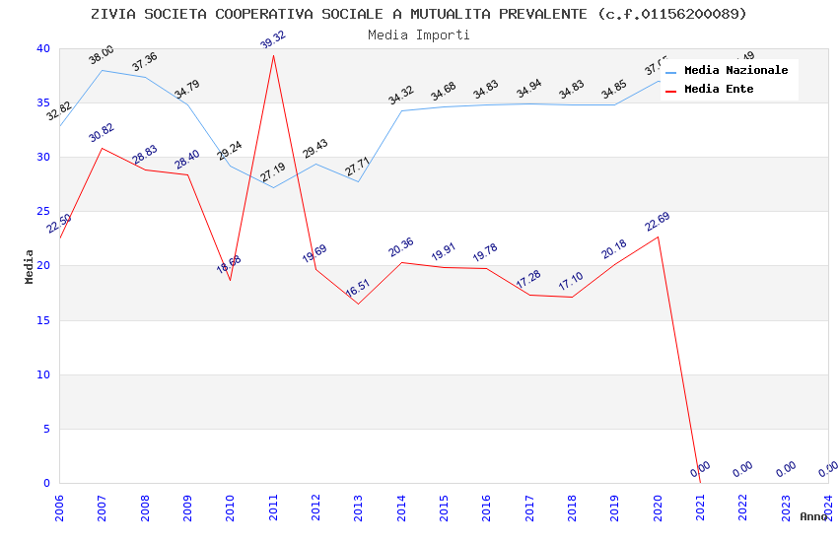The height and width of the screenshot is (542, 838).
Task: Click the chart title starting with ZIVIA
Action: (x=418, y=14)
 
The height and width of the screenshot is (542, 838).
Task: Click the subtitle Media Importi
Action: (x=418, y=34)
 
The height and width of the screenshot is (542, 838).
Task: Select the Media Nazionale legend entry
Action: (x=735, y=71)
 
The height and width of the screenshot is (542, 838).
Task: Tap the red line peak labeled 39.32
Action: (x=273, y=55)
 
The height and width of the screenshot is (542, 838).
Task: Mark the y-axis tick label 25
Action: (x=44, y=212)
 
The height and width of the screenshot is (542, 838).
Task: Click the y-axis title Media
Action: (x=30, y=266)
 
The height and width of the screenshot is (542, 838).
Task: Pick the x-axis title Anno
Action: (x=813, y=516)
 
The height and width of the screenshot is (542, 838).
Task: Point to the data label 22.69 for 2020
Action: (x=658, y=222)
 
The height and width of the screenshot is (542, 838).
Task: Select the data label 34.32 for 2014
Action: (x=400, y=96)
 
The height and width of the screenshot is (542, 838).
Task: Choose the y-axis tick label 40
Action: (x=44, y=48)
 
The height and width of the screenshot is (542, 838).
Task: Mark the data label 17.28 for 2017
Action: (x=528, y=280)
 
